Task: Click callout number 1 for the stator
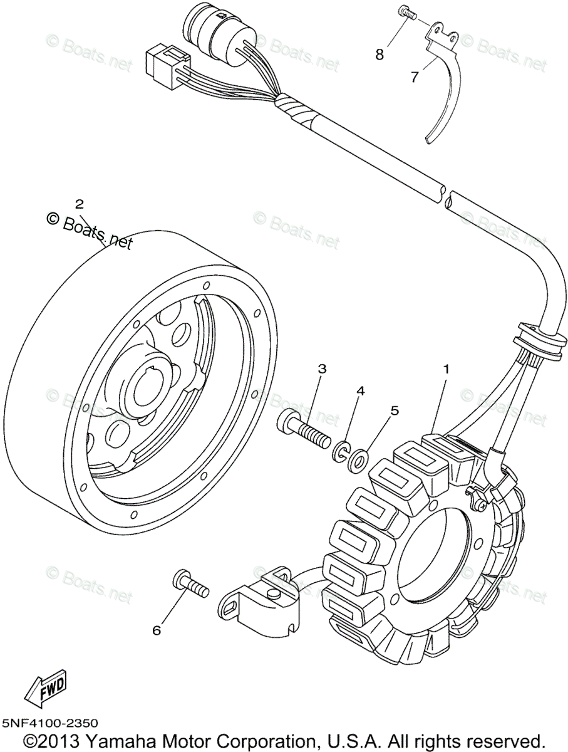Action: click(x=446, y=370)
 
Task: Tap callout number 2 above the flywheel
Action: click(x=79, y=204)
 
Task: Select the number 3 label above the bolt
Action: click(x=321, y=369)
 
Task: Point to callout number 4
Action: click(x=360, y=390)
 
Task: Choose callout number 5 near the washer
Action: click(x=394, y=410)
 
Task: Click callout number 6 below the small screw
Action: click(x=157, y=630)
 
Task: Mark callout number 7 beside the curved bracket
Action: click(x=415, y=77)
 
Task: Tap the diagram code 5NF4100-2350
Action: click(x=49, y=724)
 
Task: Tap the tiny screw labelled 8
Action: click(x=406, y=13)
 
